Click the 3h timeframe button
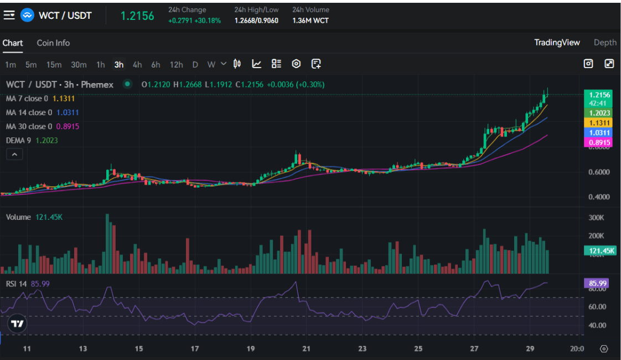(119, 65)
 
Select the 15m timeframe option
(54, 65)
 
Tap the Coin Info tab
(53, 43)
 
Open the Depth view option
(605, 43)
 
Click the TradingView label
(557, 43)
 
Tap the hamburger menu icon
(9, 16)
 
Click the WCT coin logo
(27, 16)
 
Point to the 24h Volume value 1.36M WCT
(310, 20)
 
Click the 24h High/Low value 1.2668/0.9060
(256, 20)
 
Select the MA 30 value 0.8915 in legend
(68, 126)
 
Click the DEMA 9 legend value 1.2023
(46, 140)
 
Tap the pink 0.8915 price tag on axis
(598, 143)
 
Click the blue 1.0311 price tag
(598, 133)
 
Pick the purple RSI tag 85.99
(598, 283)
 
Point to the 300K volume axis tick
(596, 218)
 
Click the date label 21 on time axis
(306, 349)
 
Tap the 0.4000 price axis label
(599, 197)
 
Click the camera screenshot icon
(588, 64)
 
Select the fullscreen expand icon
(609, 64)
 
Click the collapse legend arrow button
(14, 154)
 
